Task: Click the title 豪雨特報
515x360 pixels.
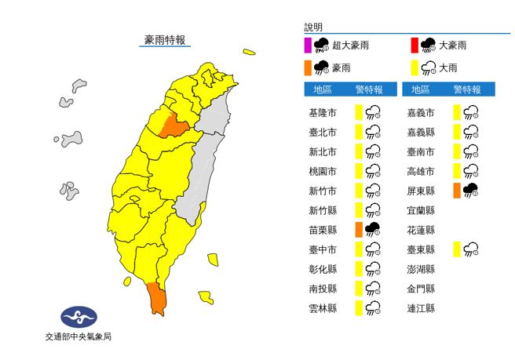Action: pyautogui.click(x=165, y=40)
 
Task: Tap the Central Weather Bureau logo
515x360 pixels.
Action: pyautogui.click(x=79, y=317)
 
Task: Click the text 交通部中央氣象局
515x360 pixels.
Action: pyautogui.click(x=79, y=336)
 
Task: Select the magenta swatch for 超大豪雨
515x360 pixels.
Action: pyautogui.click(x=308, y=45)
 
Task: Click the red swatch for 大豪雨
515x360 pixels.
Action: pyautogui.click(x=414, y=45)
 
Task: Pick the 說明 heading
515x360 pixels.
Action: pyautogui.click(x=313, y=27)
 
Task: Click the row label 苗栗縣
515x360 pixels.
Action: pyautogui.click(x=323, y=230)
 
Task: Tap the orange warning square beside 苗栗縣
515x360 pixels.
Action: pyautogui.click(x=358, y=230)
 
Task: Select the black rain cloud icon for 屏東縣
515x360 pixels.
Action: pyautogui.click(x=471, y=191)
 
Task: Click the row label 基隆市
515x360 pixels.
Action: pyautogui.click(x=323, y=113)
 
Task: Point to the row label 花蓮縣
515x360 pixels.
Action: pyautogui.click(x=421, y=230)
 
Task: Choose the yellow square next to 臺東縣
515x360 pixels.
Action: pyautogui.click(x=457, y=249)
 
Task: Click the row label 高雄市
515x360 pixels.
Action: pyautogui.click(x=421, y=171)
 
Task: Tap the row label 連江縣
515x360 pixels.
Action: pyautogui.click(x=421, y=308)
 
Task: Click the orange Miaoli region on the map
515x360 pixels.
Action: pyautogui.click(x=173, y=125)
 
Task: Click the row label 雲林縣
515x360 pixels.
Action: pyautogui.click(x=323, y=308)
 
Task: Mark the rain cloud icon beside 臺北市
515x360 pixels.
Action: pyautogui.click(x=374, y=133)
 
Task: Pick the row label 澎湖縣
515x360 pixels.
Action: pyautogui.click(x=421, y=269)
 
